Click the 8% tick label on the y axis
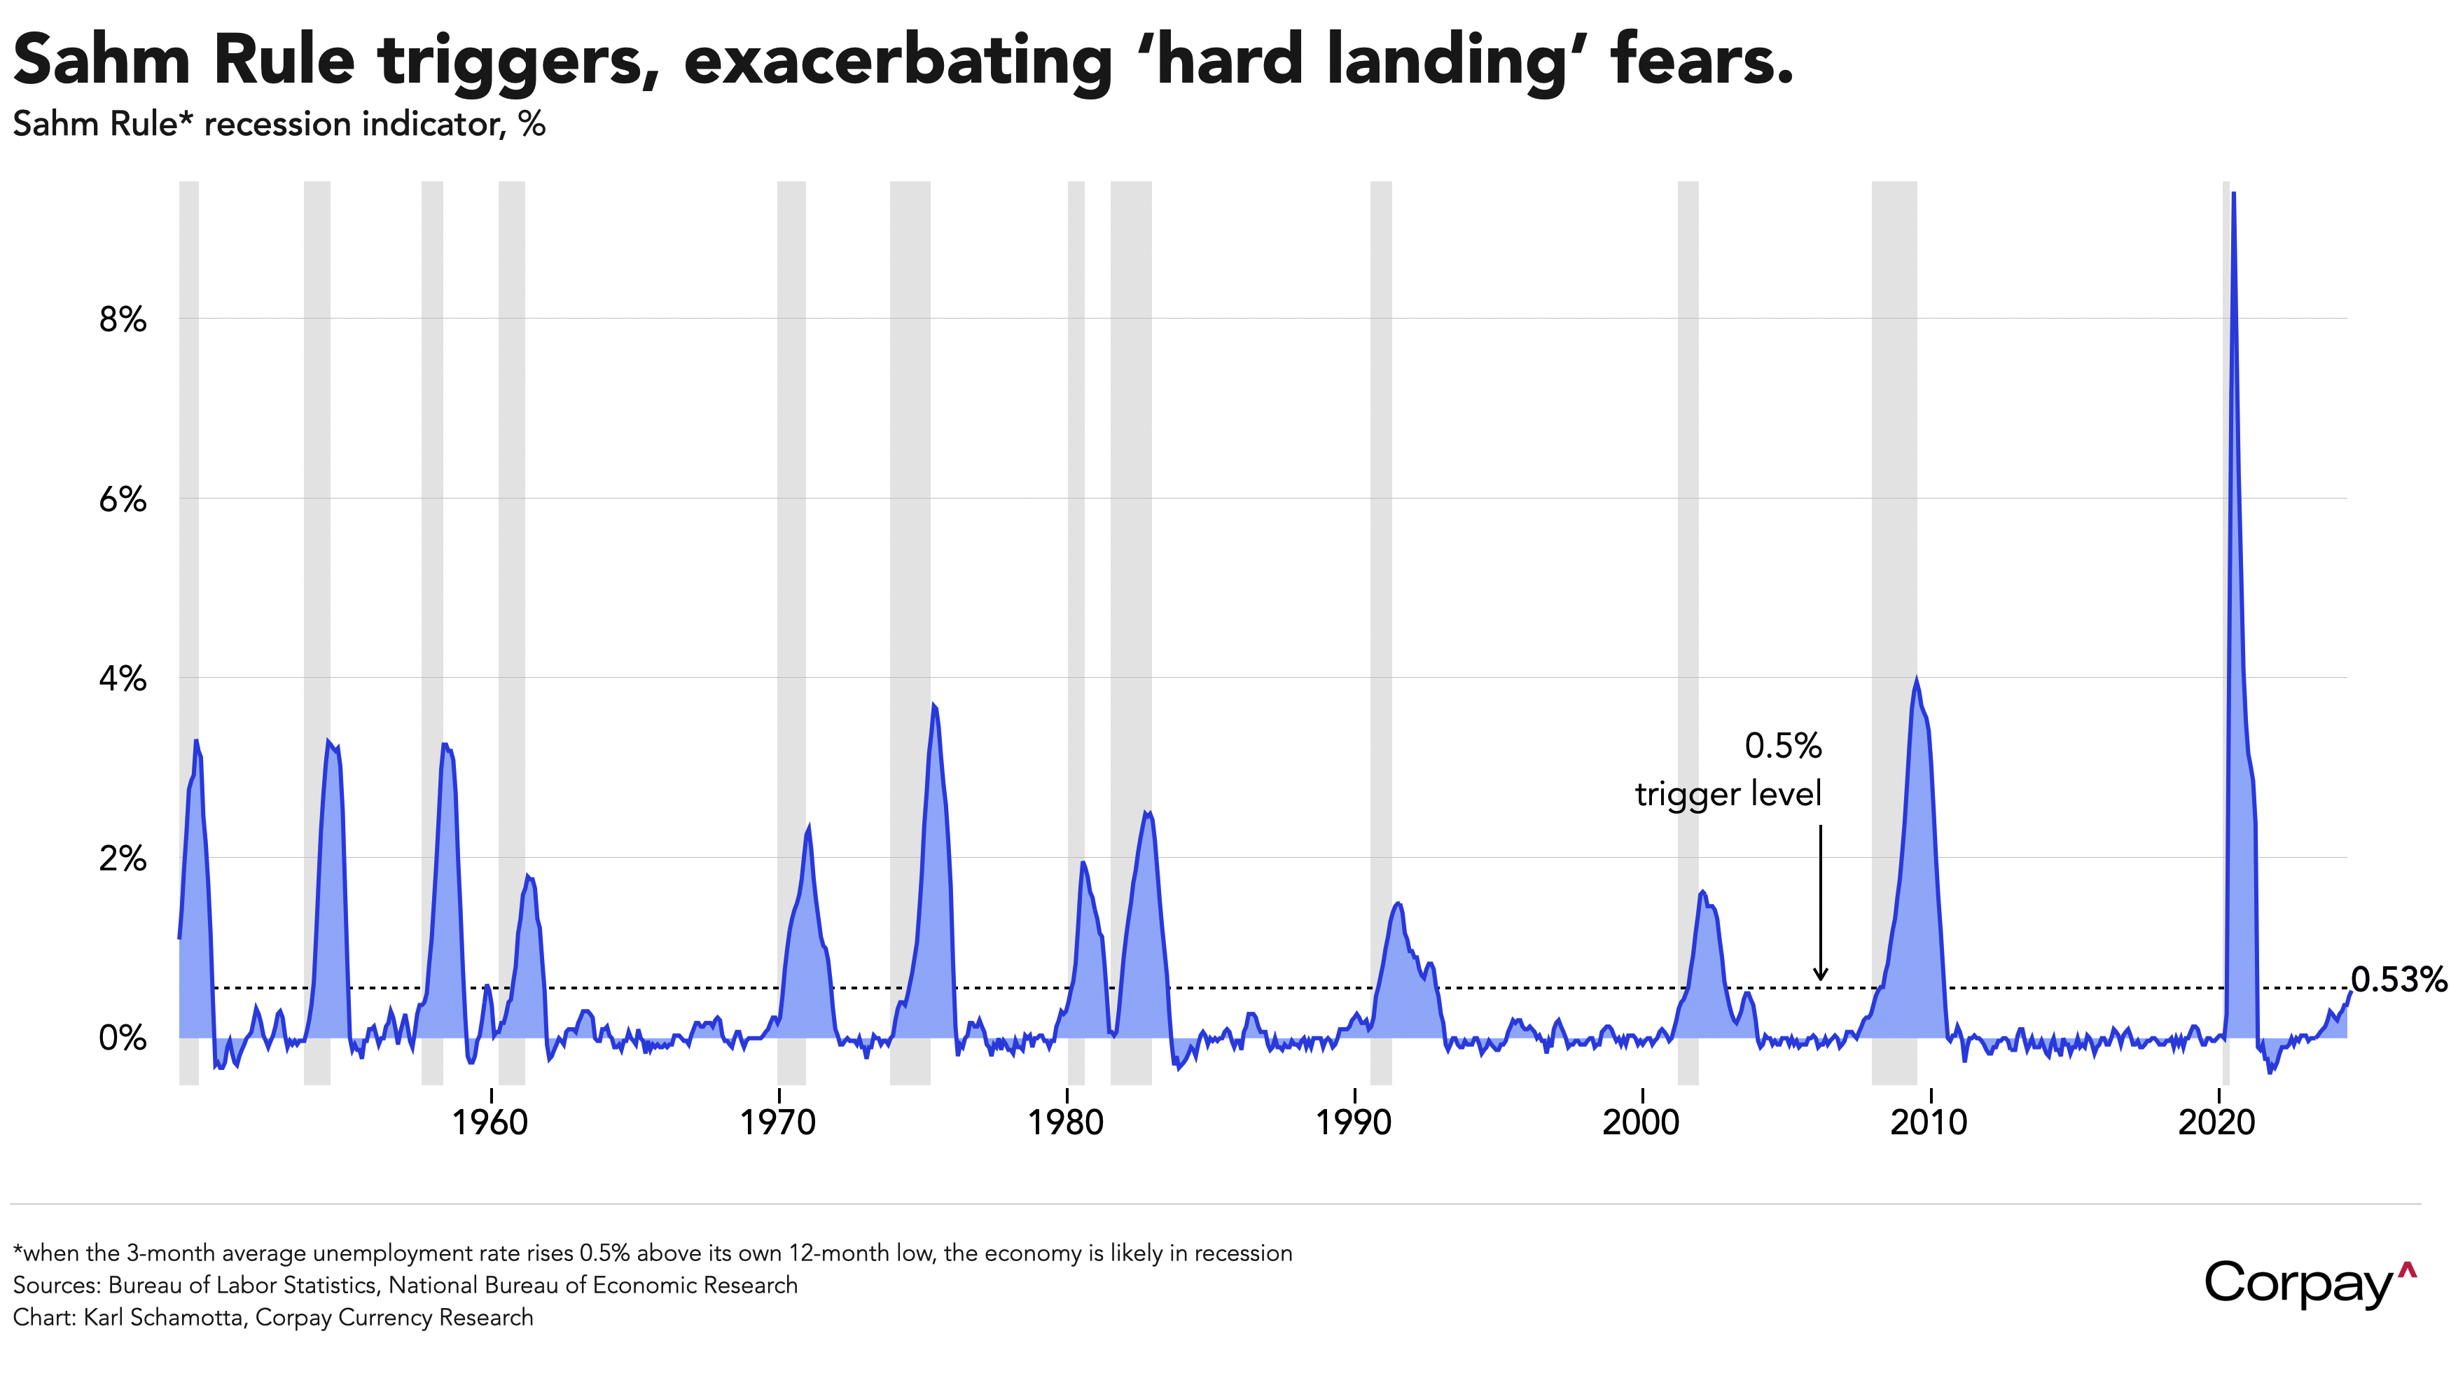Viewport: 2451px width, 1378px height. [x=123, y=320]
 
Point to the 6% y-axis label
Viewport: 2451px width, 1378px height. [x=123, y=500]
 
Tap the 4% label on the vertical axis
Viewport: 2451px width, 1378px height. [x=123, y=679]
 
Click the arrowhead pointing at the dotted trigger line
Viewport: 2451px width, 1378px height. [x=1820, y=975]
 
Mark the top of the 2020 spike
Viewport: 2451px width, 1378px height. [x=2233, y=193]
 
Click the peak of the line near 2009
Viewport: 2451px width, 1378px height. [x=1915, y=678]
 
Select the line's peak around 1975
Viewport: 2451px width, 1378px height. [x=933, y=704]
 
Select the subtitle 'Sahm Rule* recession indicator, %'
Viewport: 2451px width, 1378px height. [x=279, y=125]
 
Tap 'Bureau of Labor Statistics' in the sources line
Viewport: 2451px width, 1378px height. [x=242, y=1286]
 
